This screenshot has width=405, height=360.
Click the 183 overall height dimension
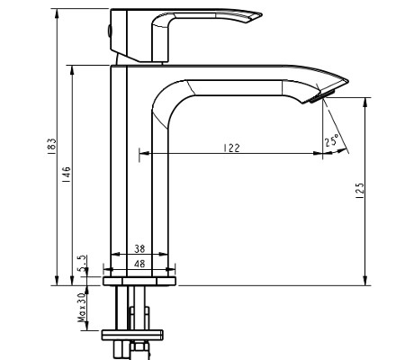click(x=51, y=145)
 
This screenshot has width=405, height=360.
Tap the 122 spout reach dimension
click(x=232, y=148)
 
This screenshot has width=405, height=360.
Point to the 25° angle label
click(x=331, y=140)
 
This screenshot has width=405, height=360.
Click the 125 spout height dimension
click(x=359, y=191)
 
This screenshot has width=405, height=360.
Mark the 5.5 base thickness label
click(x=83, y=263)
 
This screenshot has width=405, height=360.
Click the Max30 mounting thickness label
click(x=83, y=306)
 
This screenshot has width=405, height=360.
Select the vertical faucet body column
click(x=130, y=162)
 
